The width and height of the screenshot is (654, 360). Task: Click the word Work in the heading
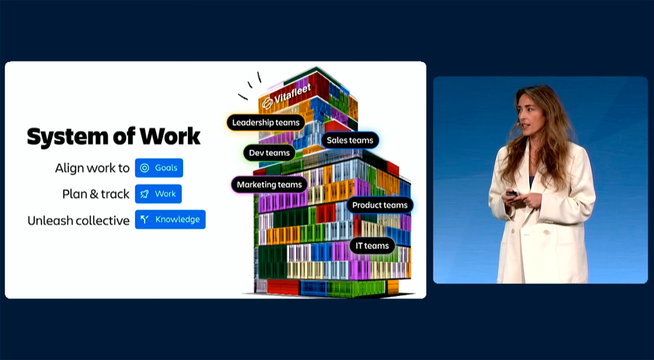click(x=170, y=136)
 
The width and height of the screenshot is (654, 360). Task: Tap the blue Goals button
click(x=159, y=168)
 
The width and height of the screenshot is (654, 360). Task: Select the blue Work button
click(x=158, y=194)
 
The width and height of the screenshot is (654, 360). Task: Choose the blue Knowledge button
click(x=170, y=220)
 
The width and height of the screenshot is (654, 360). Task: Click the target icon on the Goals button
click(x=145, y=168)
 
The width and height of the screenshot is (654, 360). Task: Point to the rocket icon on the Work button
click(x=145, y=194)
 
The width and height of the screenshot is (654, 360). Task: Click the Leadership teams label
click(x=266, y=123)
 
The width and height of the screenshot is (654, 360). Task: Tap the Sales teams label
click(x=350, y=140)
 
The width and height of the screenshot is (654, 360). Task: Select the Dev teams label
click(x=269, y=153)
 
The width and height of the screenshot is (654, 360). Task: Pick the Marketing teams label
click(x=269, y=185)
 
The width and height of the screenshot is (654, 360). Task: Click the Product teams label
click(x=380, y=205)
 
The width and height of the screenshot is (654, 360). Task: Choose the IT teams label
click(x=372, y=246)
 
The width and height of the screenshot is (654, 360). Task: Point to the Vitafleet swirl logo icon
click(x=267, y=103)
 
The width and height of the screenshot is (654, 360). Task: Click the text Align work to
click(x=92, y=169)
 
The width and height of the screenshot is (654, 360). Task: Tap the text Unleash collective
click(x=79, y=221)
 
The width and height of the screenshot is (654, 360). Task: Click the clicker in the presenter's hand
click(x=512, y=194)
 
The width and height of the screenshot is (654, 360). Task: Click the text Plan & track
click(x=96, y=194)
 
